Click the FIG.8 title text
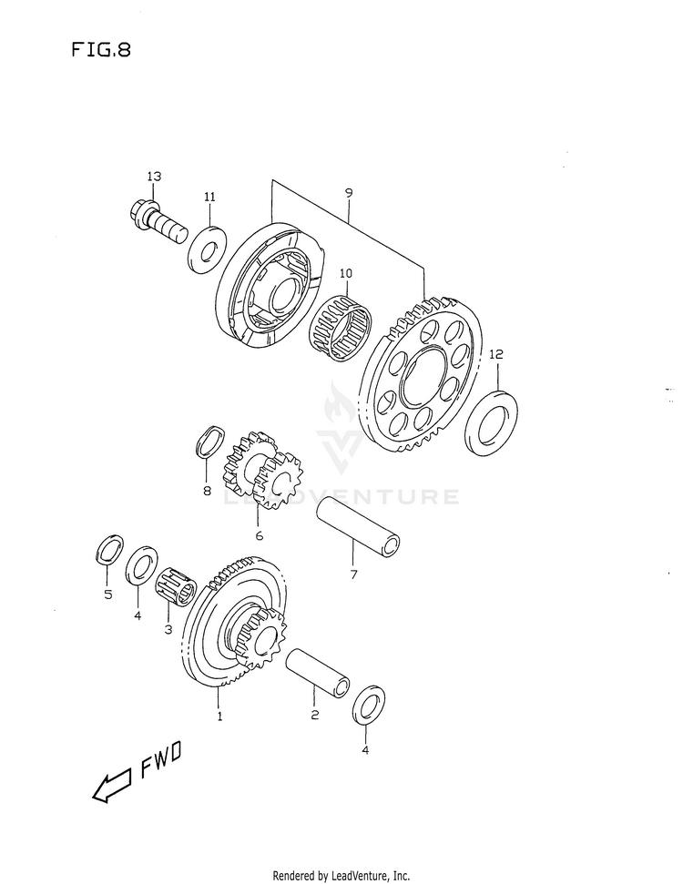coord(100,50)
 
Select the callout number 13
coord(154,176)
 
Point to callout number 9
coord(348,193)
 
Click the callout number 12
coord(494,354)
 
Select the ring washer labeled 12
coord(493,421)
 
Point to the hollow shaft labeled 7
coord(360,531)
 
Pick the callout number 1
coord(219,716)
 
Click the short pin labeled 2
coord(318,674)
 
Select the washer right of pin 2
coord(365,706)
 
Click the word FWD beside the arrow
coord(161,762)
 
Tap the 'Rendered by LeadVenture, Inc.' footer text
coord(341,875)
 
